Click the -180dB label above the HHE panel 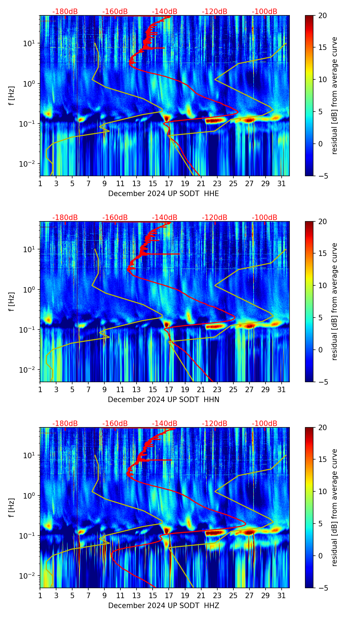point(65,12)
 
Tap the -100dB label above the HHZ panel point(265,424)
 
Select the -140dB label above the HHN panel point(165,218)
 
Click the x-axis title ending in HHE point(163,194)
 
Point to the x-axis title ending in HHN point(163,400)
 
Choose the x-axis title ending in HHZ point(163,606)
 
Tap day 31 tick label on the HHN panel point(282,389)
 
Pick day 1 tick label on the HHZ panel point(40,595)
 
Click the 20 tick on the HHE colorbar point(322,16)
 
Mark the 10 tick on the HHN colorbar point(322,285)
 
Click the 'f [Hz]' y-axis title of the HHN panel point(12,301)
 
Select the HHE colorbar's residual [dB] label point(334,95)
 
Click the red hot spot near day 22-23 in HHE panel point(215,120)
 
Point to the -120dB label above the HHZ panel point(215,424)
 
